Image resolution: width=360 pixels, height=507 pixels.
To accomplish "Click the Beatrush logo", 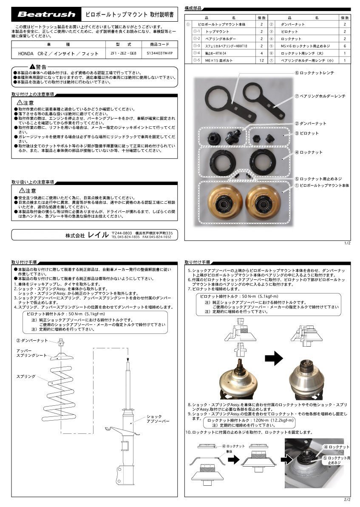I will (x=46, y=14).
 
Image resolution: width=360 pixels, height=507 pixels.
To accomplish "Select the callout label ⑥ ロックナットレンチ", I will (x=315, y=73).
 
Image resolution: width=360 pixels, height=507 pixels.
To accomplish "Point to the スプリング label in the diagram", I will (x=25, y=377).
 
